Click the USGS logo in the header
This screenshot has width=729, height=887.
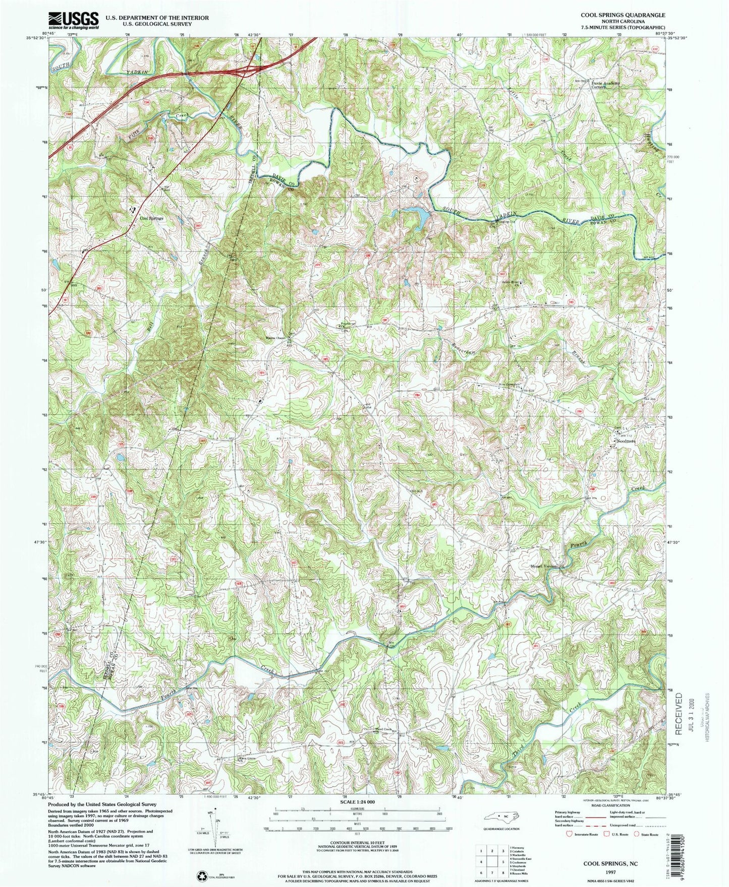click(74, 20)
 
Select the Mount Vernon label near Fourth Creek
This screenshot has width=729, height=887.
click(543, 566)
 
